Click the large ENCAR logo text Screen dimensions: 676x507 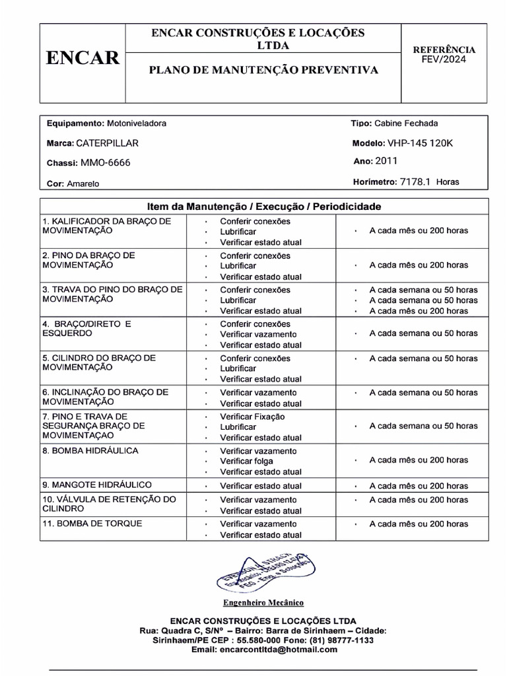tap(83, 59)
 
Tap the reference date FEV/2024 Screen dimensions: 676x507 tap(444, 59)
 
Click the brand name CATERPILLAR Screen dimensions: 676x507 tap(108, 143)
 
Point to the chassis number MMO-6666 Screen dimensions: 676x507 tap(106, 162)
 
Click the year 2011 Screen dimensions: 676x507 tap(386, 161)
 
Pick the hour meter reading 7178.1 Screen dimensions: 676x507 tap(415, 182)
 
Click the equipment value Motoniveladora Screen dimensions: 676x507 tap(137, 123)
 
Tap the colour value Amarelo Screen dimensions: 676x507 tap(83, 184)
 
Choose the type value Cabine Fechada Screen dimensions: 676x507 tap(406, 123)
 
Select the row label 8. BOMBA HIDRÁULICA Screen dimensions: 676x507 tap(90, 451)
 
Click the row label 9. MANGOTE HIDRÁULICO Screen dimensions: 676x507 tap(97, 485)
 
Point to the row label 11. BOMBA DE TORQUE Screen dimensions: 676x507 tap(92, 524)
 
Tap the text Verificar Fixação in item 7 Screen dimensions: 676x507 tap(252, 417)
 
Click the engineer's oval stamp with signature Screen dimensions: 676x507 tap(265, 572)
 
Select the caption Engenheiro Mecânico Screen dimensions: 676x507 tap(263, 603)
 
